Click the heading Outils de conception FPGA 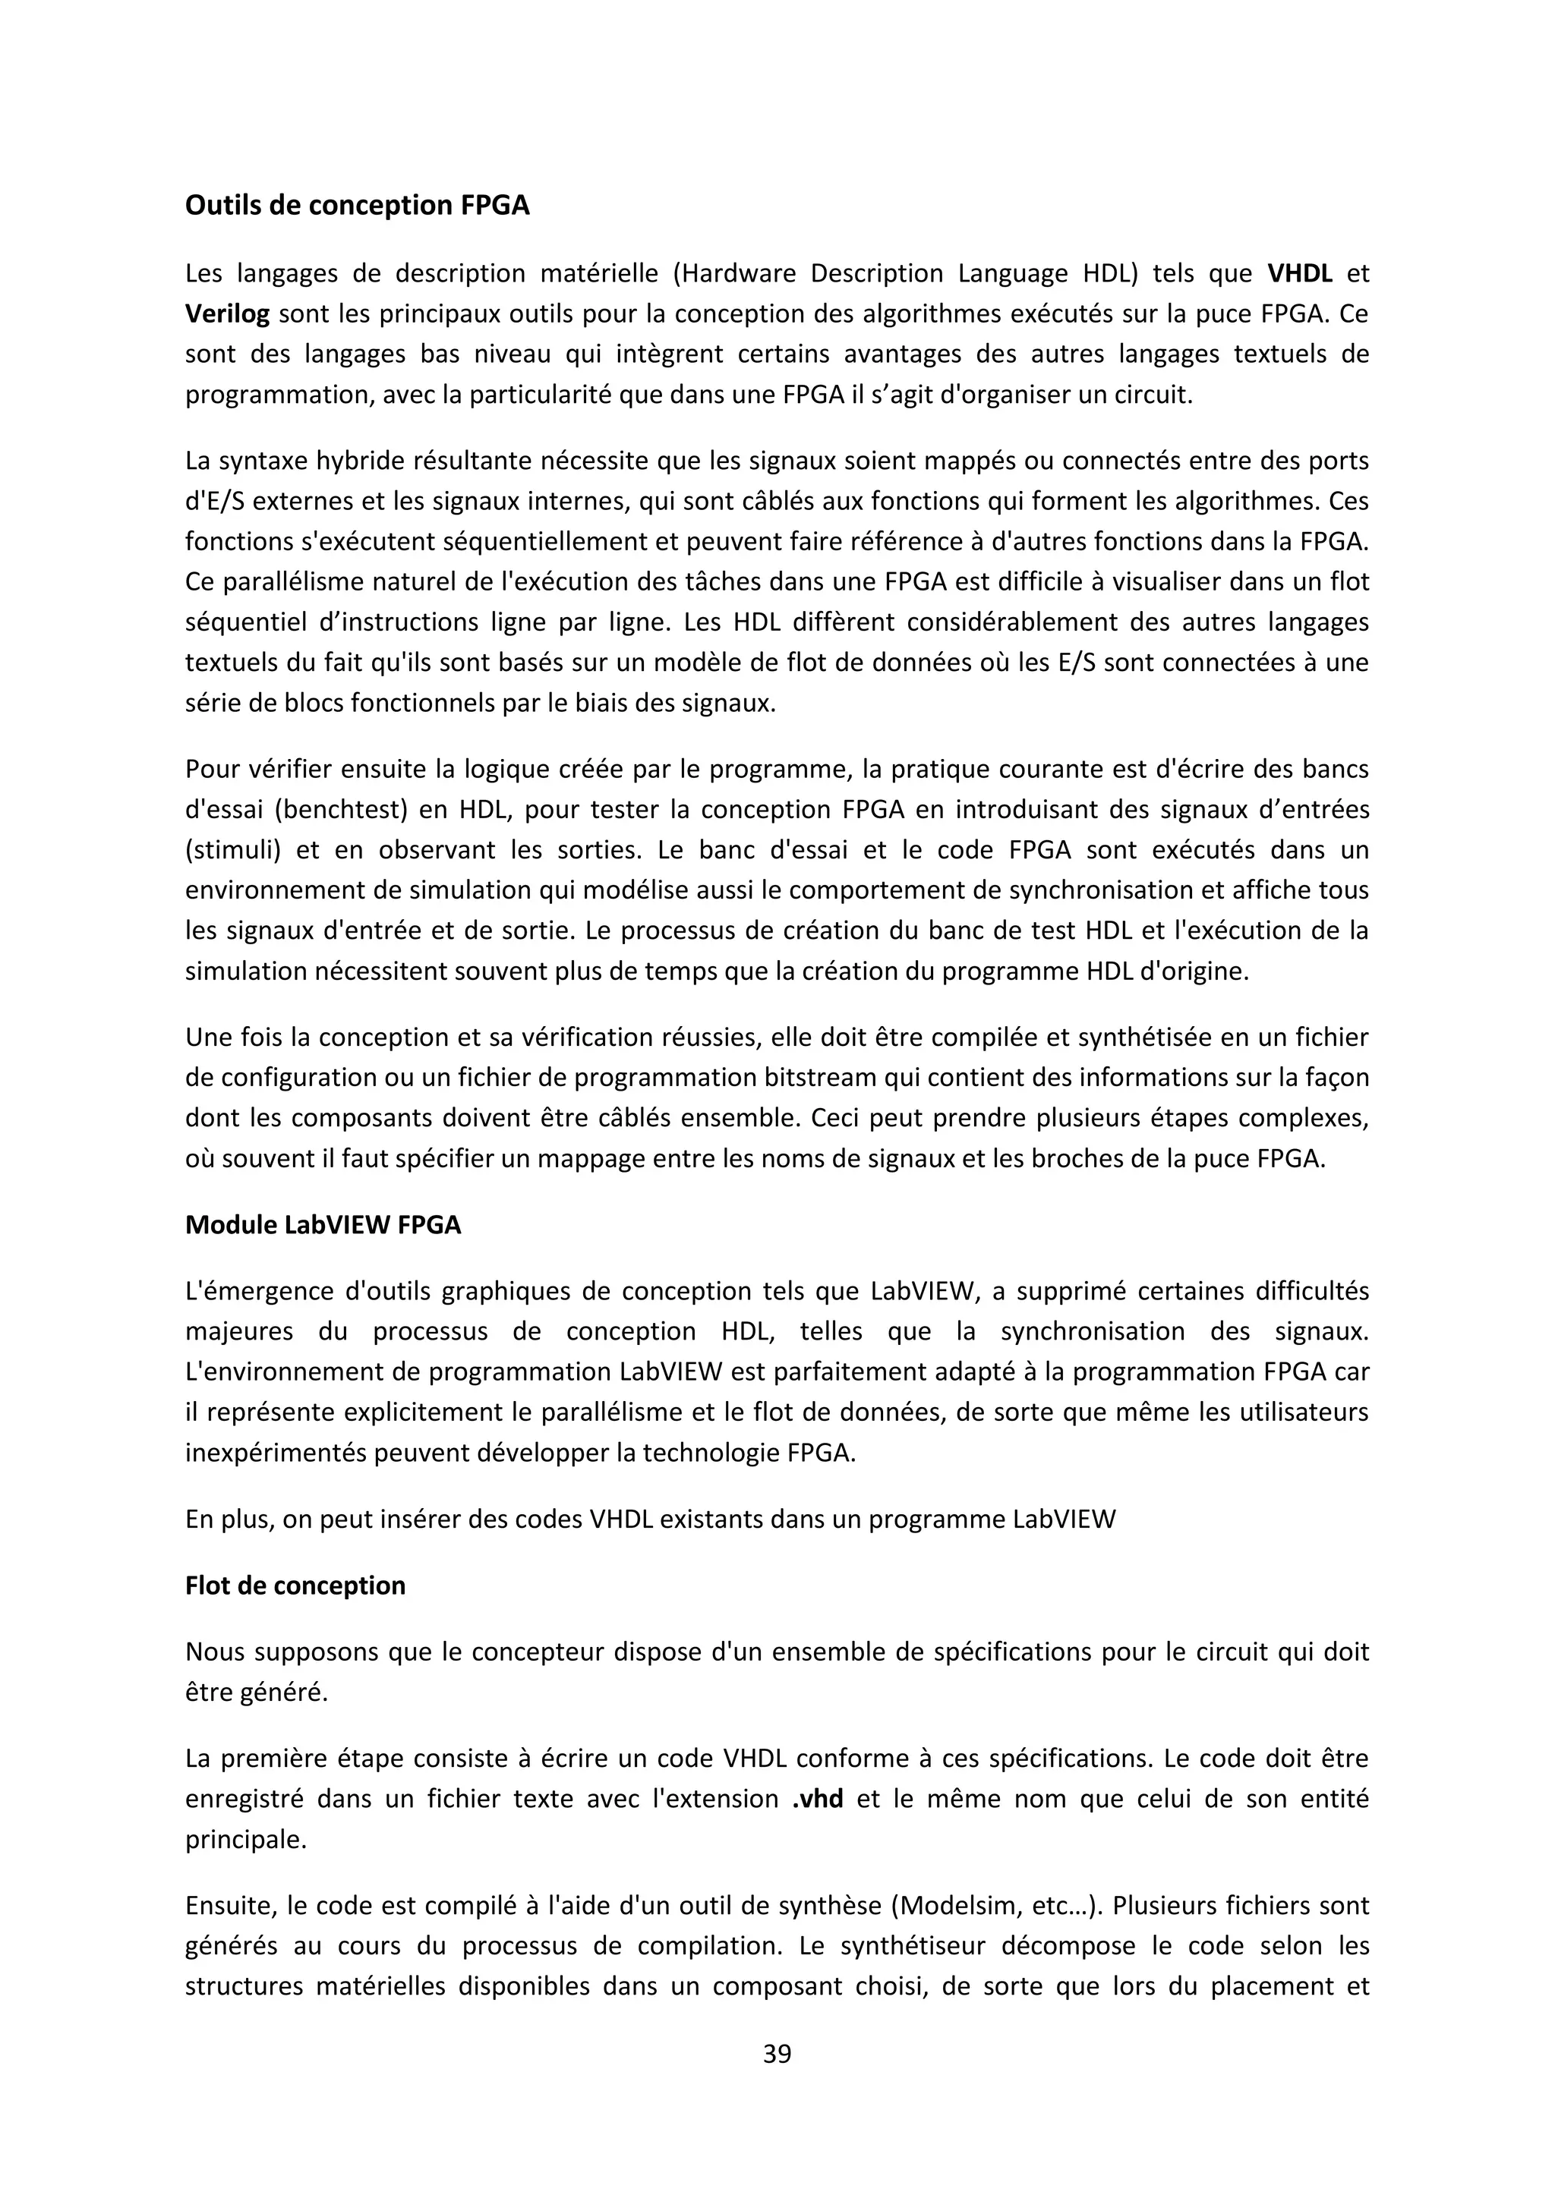[x=356, y=206]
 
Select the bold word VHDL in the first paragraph [x=1299, y=274]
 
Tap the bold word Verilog [x=227, y=314]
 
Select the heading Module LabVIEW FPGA [x=323, y=1225]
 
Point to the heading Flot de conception [x=295, y=1586]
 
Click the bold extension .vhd [x=818, y=1799]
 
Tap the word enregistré [x=242, y=1799]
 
